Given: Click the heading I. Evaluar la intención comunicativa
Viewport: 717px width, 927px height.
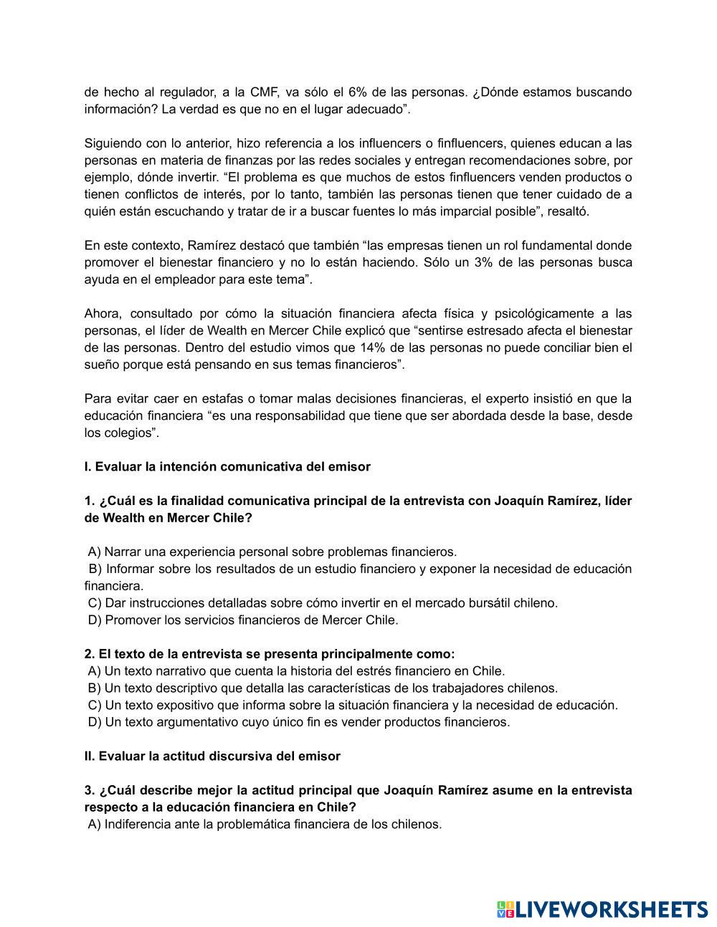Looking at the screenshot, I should [x=227, y=467].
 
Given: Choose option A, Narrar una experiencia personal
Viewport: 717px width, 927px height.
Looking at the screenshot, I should [x=272, y=552].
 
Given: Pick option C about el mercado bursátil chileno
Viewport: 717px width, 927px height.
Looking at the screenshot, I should [x=323, y=603].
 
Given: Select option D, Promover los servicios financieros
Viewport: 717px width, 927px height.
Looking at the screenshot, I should [x=243, y=620].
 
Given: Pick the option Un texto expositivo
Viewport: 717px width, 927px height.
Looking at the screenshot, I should [x=353, y=705].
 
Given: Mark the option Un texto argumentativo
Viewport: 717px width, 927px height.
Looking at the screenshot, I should [x=299, y=722].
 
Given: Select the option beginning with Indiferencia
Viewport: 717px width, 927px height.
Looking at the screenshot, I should [x=265, y=825].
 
